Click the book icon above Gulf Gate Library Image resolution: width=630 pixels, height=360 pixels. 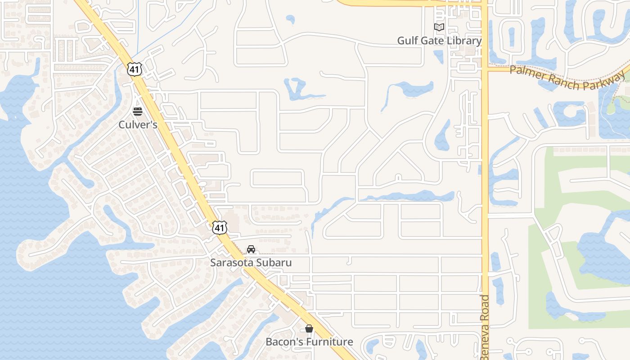[x=439, y=27]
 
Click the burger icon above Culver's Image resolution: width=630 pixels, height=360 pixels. [x=138, y=111]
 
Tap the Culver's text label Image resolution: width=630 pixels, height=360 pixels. [x=138, y=125]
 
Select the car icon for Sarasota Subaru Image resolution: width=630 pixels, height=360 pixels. [x=251, y=249]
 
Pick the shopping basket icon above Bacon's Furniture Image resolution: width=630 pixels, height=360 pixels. [x=309, y=328]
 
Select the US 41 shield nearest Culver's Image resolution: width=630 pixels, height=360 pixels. [x=135, y=69]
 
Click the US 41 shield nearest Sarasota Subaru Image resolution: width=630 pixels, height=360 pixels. [x=219, y=228]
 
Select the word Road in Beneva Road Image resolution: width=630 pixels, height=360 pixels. [x=485, y=308]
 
